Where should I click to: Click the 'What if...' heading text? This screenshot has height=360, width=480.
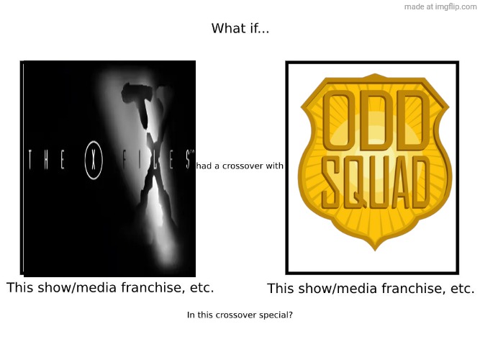[240, 29]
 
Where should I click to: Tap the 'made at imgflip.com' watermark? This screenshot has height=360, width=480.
[440, 6]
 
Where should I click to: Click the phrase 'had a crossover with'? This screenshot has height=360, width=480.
[240, 166]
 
